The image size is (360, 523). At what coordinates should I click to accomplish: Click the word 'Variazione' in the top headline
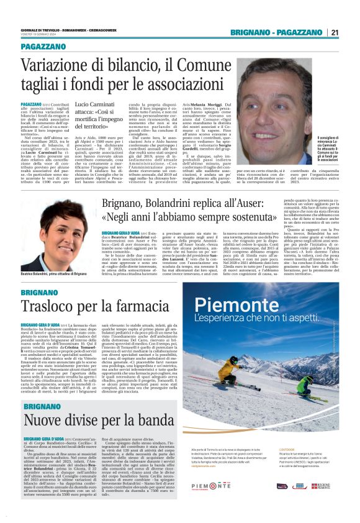57,66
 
